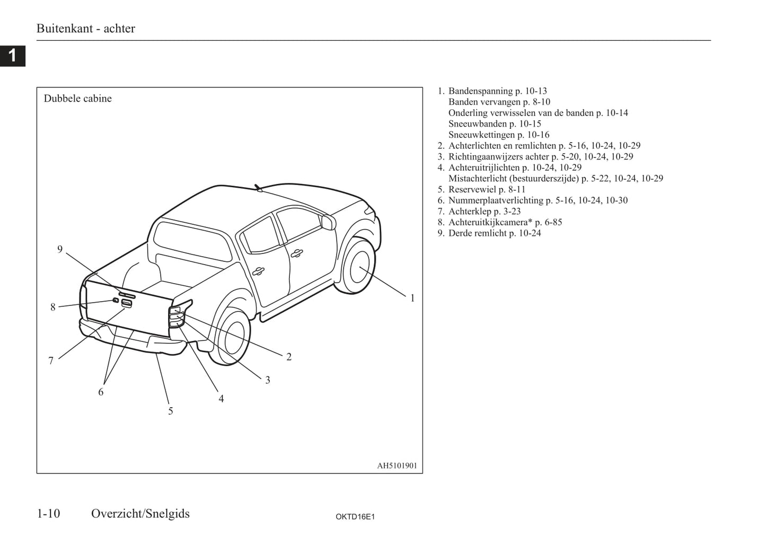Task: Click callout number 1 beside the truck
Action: [412, 298]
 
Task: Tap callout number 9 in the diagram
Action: [60, 249]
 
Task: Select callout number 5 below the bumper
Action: [170, 411]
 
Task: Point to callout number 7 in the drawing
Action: [51, 361]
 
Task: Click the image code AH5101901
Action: [397, 466]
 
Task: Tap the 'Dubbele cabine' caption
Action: [77, 99]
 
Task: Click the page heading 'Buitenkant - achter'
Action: [85, 29]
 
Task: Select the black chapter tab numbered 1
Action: [12, 55]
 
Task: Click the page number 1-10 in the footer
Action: [48, 513]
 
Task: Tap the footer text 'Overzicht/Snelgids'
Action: [140, 513]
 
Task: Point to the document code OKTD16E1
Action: [355, 516]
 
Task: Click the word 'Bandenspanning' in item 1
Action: [480, 91]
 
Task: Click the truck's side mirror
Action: [328, 222]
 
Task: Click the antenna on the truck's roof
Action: [258, 188]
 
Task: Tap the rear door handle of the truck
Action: [258, 271]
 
